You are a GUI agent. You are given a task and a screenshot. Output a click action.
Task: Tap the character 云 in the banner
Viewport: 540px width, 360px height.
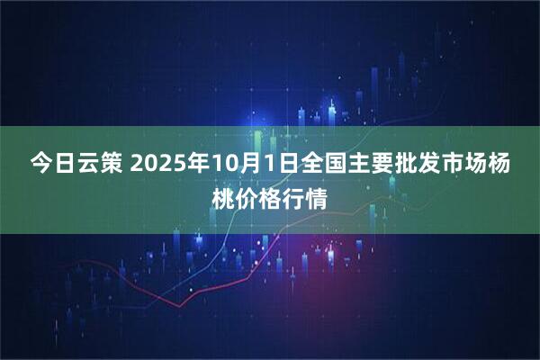click(87, 164)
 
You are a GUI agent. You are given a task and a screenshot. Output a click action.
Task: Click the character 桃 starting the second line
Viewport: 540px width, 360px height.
click(223, 194)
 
